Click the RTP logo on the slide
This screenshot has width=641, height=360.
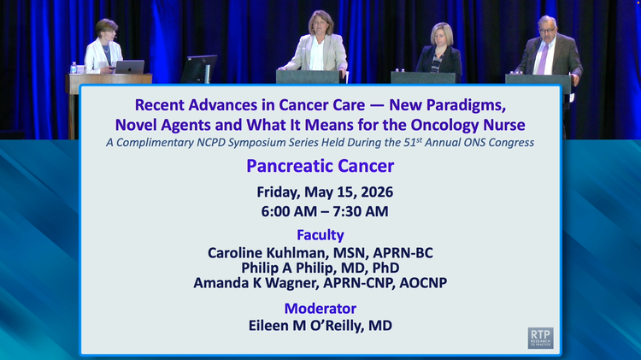[x=540, y=338]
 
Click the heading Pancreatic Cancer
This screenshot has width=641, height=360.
[x=320, y=166]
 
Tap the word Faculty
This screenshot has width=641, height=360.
[x=320, y=235]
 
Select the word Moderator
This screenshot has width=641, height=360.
[x=320, y=308]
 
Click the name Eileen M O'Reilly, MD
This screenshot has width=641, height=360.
[x=320, y=326]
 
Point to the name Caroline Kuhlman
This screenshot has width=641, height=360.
[x=266, y=253]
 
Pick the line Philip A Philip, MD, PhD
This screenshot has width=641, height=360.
[x=320, y=268]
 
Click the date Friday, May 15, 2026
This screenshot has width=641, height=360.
[x=325, y=192]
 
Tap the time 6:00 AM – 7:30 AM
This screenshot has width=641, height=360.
[x=325, y=211]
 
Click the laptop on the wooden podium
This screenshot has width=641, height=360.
[x=130, y=67]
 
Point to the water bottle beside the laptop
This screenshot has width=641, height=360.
[x=74, y=68]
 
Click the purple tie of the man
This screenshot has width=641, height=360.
[x=543, y=59]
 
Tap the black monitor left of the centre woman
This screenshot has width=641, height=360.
[x=199, y=68]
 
